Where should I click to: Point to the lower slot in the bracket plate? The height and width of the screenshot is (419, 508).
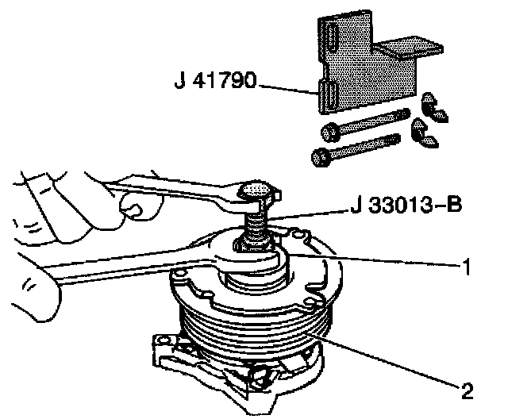click(324, 95)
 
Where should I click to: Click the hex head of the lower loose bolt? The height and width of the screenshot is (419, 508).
click(321, 156)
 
